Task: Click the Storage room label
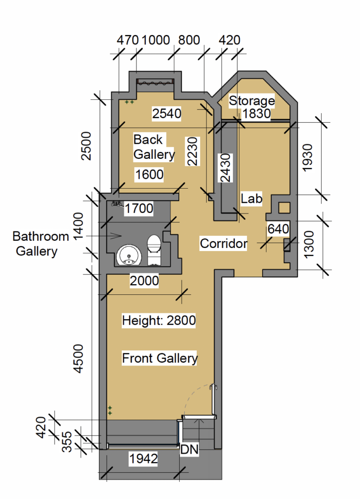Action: tap(251, 101)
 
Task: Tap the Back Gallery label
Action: tap(154, 147)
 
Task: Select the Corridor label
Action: tap(223, 244)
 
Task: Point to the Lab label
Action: tap(251, 199)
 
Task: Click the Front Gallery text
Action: tap(160, 358)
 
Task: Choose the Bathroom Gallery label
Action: tap(40, 244)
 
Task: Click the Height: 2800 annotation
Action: tap(159, 320)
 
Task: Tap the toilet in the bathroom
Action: tap(154, 250)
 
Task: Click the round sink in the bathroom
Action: tap(129, 255)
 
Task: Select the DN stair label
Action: tap(189, 449)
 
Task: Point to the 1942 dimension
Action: tap(143, 459)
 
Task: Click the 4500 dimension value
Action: tap(78, 358)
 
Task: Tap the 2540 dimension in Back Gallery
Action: tap(167, 113)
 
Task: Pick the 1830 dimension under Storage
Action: tap(256, 113)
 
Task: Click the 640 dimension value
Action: tap(278, 229)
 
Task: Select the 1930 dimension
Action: tap(307, 158)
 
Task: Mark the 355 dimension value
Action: tap(67, 441)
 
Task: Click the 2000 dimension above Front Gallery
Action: tap(144, 281)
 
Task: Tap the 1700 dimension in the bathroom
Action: tap(139, 209)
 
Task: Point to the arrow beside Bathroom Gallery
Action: tap(104, 236)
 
